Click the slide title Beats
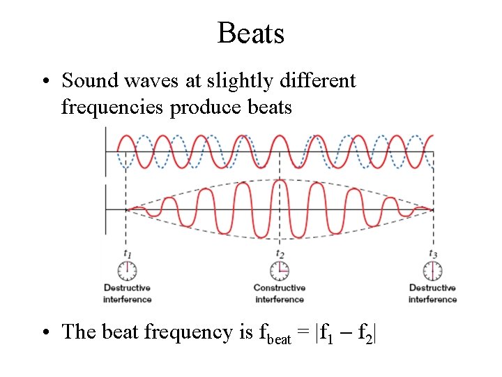[250, 33]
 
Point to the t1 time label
[127, 253]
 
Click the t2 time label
[280, 253]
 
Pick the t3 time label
[433, 253]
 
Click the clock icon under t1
[127, 270]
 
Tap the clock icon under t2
[280, 270]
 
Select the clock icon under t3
[433, 270]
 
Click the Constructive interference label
[280, 293]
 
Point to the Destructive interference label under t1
[127, 293]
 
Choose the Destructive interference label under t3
[433, 293]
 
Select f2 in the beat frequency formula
[365, 333]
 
